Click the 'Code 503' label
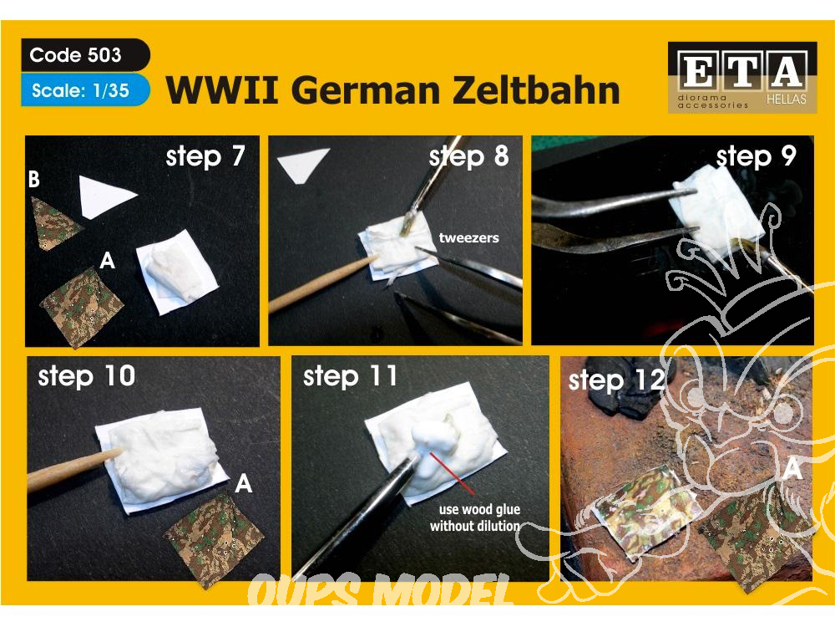(76, 55)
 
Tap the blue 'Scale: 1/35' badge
(81, 90)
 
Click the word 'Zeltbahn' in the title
(536, 89)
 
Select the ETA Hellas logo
(742, 77)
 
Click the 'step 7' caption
(205, 156)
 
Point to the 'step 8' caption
(468, 157)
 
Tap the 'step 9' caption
(757, 157)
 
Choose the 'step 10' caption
(87, 376)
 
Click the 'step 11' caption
(350, 376)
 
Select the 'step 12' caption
(617, 380)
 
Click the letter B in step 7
(34, 179)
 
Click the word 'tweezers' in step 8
(468, 237)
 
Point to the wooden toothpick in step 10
(74, 469)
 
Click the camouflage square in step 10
(214, 538)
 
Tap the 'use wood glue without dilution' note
(475, 517)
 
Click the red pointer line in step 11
(452, 474)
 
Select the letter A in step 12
(793, 469)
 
